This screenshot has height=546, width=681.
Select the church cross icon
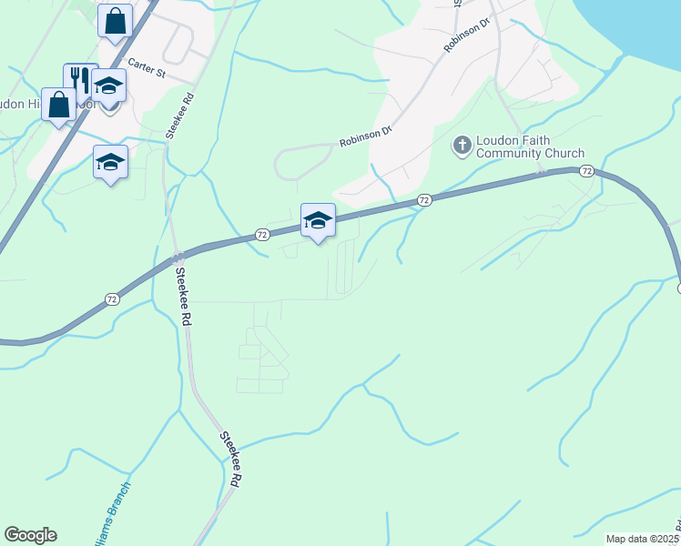pyautogui.click(x=462, y=145)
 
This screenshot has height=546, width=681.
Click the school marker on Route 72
pyautogui.click(x=318, y=220)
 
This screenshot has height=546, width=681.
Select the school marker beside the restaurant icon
pyautogui.click(x=109, y=86)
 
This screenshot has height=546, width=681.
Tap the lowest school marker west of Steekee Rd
pyautogui.click(x=110, y=163)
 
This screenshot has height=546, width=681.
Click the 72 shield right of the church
pyautogui.click(x=586, y=170)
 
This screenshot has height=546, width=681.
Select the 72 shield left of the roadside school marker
pyautogui.click(x=261, y=234)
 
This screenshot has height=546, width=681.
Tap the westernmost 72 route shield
pyautogui.click(x=111, y=298)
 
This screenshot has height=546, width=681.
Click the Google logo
pyautogui.click(x=30, y=535)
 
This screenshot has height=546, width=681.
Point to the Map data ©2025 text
pyautogui.click(x=643, y=539)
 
